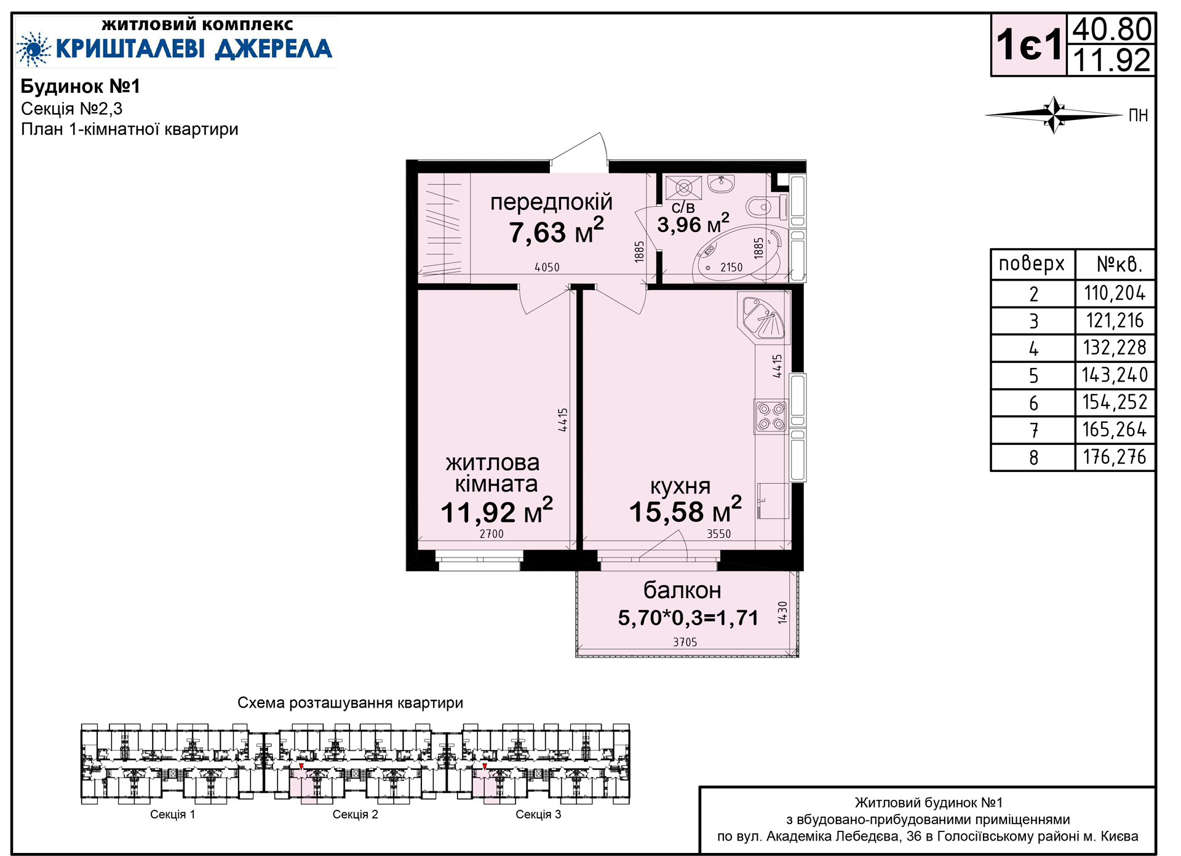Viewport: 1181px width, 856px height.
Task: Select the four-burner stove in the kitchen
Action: click(771, 416)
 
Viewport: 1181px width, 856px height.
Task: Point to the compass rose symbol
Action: click(1054, 114)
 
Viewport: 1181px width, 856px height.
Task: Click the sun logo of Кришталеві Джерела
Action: click(33, 49)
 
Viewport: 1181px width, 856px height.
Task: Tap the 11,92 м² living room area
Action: click(496, 511)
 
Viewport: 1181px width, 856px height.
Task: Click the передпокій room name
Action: click(551, 202)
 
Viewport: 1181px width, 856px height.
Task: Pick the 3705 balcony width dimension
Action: click(685, 642)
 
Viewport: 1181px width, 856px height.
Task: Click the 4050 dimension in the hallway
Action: click(547, 267)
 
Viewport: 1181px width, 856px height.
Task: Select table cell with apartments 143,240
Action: click(1115, 375)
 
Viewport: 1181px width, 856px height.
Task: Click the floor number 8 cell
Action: click(1033, 457)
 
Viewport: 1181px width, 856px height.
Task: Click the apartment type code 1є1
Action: click(1029, 45)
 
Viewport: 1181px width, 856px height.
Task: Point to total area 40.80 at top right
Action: click(1111, 29)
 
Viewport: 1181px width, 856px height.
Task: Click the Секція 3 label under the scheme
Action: click(538, 814)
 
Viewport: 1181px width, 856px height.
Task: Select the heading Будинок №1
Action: click(81, 86)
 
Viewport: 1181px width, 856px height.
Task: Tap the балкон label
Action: click(682, 590)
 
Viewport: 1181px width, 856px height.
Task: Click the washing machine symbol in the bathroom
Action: click(683, 187)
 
